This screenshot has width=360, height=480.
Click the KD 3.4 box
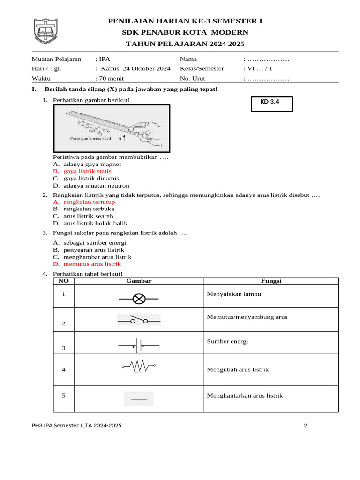click(272, 104)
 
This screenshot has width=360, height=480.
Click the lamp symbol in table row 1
click(139, 298)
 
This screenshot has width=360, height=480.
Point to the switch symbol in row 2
click(139, 320)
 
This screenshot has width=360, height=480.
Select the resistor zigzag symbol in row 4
click(139, 366)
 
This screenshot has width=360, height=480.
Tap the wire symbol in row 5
click(139, 399)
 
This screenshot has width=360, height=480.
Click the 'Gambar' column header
click(139, 281)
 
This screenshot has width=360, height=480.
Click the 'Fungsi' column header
click(270, 281)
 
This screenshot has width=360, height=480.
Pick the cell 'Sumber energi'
click(227, 341)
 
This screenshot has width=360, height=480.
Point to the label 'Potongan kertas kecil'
click(90, 139)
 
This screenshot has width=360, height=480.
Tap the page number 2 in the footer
click(305, 426)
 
